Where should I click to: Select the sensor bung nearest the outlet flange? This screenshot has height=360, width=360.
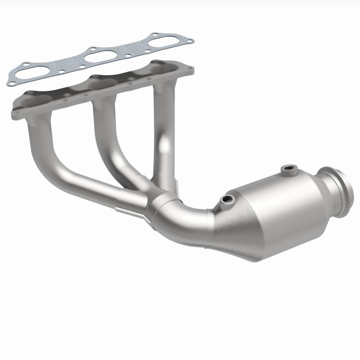point(287,169)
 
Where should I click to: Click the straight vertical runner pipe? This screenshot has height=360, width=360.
point(162,130)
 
